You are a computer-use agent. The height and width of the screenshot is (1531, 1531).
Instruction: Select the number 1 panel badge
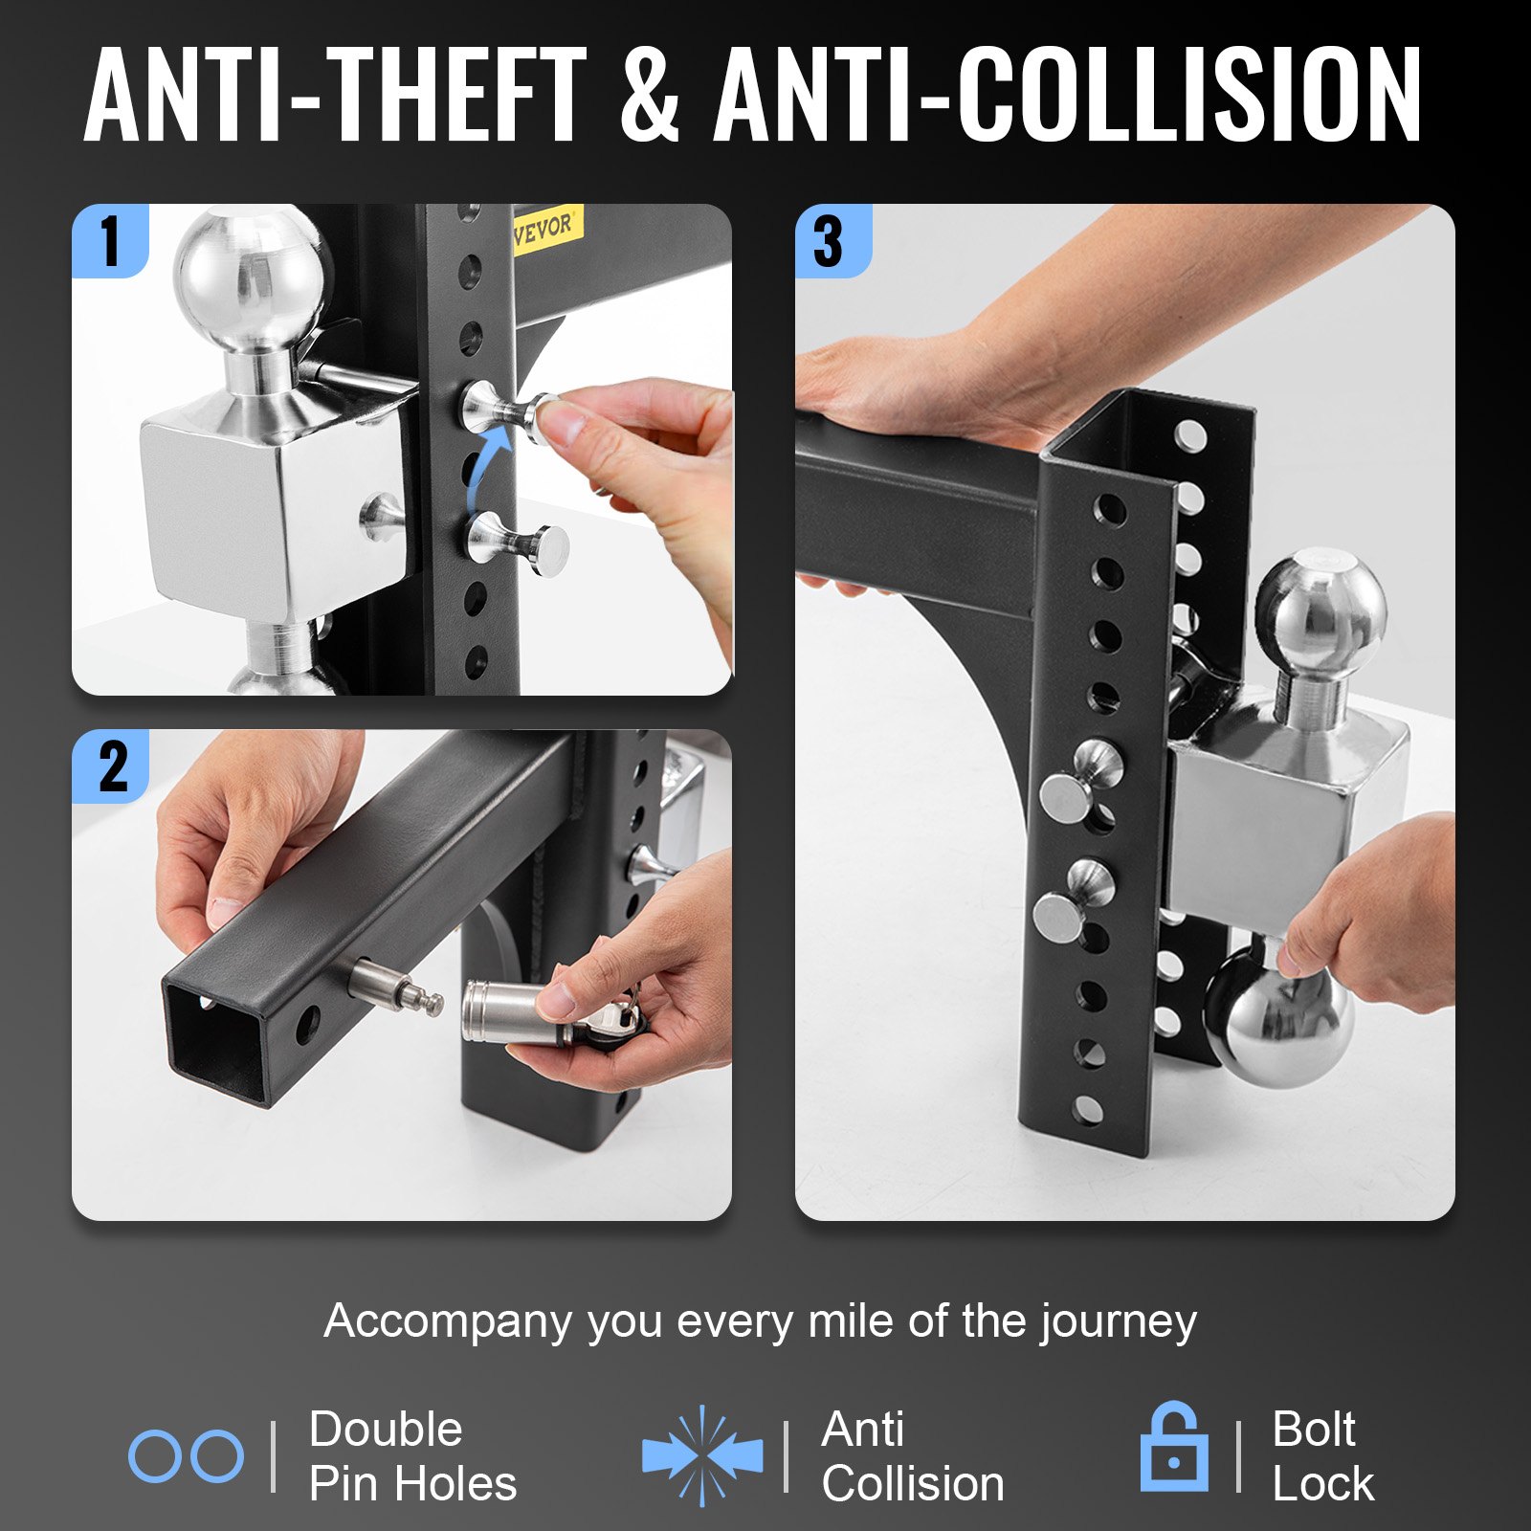[110, 240]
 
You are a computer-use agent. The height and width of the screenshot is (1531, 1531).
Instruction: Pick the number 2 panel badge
[111, 765]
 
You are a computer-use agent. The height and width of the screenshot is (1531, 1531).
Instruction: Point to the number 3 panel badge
[832, 240]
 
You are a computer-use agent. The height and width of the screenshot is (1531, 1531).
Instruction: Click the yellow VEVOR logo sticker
[544, 229]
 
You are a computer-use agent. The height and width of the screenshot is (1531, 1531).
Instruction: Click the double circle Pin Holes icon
[186, 1457]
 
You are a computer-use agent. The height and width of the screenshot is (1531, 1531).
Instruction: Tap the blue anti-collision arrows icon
[703, 1455]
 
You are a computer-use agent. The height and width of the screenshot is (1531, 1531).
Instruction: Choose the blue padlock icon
[1174, 1447]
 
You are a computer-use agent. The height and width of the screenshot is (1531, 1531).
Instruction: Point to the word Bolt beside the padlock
[1314, 1430]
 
